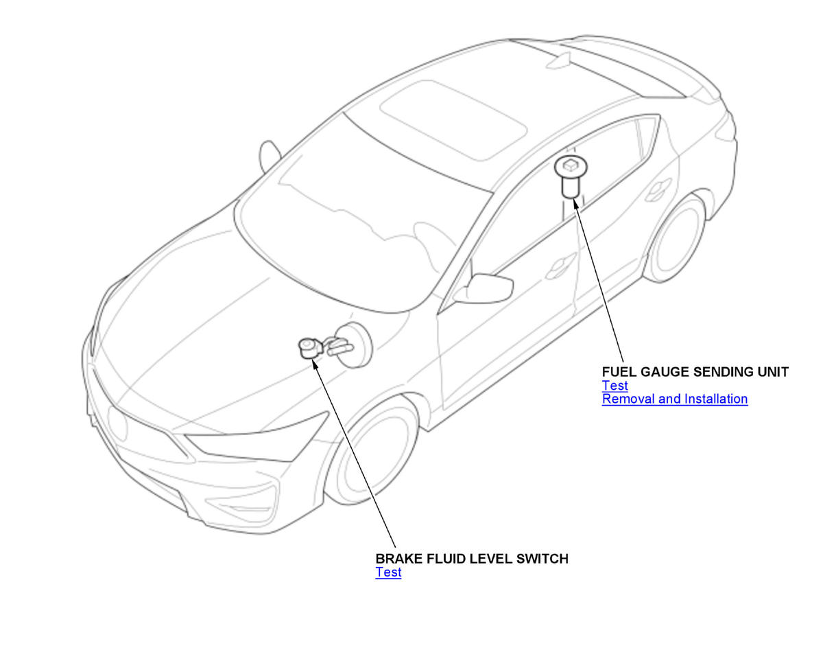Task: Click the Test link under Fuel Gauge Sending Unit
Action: click(615, 386)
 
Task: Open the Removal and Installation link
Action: click(675, 399)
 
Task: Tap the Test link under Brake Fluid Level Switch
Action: click(388, 572)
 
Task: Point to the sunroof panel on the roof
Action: click(453, 120)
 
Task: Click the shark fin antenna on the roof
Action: click(558, 61)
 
